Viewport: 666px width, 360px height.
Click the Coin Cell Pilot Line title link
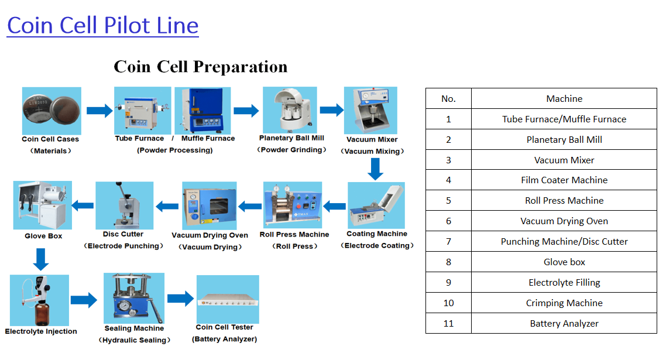[102, 26]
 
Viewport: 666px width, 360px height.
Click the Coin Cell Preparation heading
[200, 67]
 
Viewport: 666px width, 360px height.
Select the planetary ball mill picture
[290, 110]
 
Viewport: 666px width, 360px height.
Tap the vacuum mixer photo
[370, 111]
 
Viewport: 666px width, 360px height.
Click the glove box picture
[43, 205]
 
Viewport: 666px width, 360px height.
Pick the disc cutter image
[124, 205]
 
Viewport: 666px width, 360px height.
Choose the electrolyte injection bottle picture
[39, 300]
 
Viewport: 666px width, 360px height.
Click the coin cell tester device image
[228, 299]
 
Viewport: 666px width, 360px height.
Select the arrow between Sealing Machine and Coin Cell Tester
[180, 299]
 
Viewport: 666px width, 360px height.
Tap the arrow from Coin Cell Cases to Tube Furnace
[99, 111]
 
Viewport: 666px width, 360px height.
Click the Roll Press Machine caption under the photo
[294, 235]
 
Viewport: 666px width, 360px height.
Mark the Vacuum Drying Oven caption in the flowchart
[210, 235]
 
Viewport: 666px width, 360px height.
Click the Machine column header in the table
[564, 98]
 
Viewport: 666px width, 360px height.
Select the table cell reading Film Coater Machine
[564, 180]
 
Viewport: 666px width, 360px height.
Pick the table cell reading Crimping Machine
[564, 303]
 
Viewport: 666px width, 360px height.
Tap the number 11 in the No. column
[448, 323]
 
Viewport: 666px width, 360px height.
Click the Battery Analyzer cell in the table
[564, 323]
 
